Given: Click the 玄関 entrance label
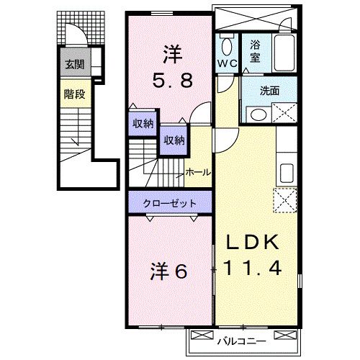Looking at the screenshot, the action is point(75,64).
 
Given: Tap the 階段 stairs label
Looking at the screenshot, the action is point(74,94).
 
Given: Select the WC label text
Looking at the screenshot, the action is point(228,63).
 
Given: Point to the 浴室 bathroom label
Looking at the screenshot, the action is point(255,51).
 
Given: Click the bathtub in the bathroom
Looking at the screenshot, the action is point(284,53).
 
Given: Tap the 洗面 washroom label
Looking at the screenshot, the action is point(270,91).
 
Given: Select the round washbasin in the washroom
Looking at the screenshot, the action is point(258,114).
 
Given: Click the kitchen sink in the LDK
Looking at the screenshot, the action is point(287,174).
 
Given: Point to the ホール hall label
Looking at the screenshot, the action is point(198,172).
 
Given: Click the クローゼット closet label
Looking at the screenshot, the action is point(170,204).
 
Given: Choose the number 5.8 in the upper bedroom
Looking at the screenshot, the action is point(173,81).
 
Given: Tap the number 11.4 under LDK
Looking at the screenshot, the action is point(252,268).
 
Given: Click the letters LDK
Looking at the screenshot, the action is point(253,243).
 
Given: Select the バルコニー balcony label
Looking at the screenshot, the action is point(242,341).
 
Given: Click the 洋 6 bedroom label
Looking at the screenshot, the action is point(168,271).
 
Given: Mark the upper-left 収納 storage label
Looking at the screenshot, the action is point(143,124).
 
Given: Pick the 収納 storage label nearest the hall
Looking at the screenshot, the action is point(174,140).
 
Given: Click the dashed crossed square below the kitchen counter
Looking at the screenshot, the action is point(285,200).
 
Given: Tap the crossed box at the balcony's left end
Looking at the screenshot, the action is point(202,335).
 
